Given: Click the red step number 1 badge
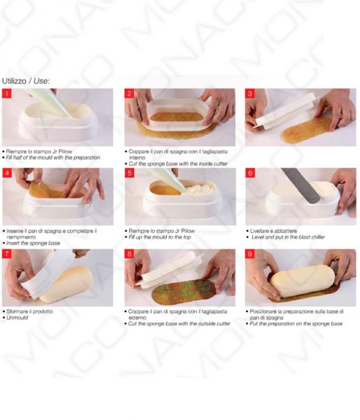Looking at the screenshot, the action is tap(6, 93).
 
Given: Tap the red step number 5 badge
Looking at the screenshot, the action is tap(130, 173).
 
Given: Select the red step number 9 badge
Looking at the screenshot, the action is tap(250, 254).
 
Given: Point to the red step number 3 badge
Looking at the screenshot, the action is tap(250, 93).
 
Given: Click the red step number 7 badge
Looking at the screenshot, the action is tap(6, 254).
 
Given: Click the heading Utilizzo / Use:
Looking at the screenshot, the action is tap(26, 81).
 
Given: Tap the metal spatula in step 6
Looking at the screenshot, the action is tap(301, 185).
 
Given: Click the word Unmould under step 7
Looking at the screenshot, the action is tap(17, 317).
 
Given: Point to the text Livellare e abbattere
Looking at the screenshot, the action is tap(274, 231).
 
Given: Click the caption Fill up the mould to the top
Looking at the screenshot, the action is tap(160, 237).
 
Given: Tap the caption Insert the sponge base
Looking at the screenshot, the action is tap(33, 243).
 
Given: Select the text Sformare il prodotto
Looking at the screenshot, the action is tap(30, 311).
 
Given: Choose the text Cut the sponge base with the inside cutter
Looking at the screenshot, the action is tap(178, 164).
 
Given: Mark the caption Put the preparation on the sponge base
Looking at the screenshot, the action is tap(296, 324).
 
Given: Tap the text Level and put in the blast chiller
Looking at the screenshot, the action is tap(288, 237).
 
